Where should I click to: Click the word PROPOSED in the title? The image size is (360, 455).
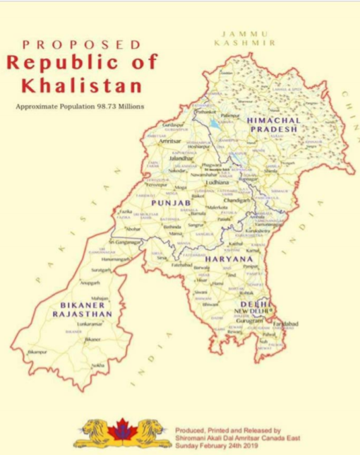point(82,45)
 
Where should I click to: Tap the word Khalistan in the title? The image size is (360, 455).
point(82,85)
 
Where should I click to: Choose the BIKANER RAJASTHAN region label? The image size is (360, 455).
point(82,309)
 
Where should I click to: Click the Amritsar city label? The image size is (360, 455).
point(171,141)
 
